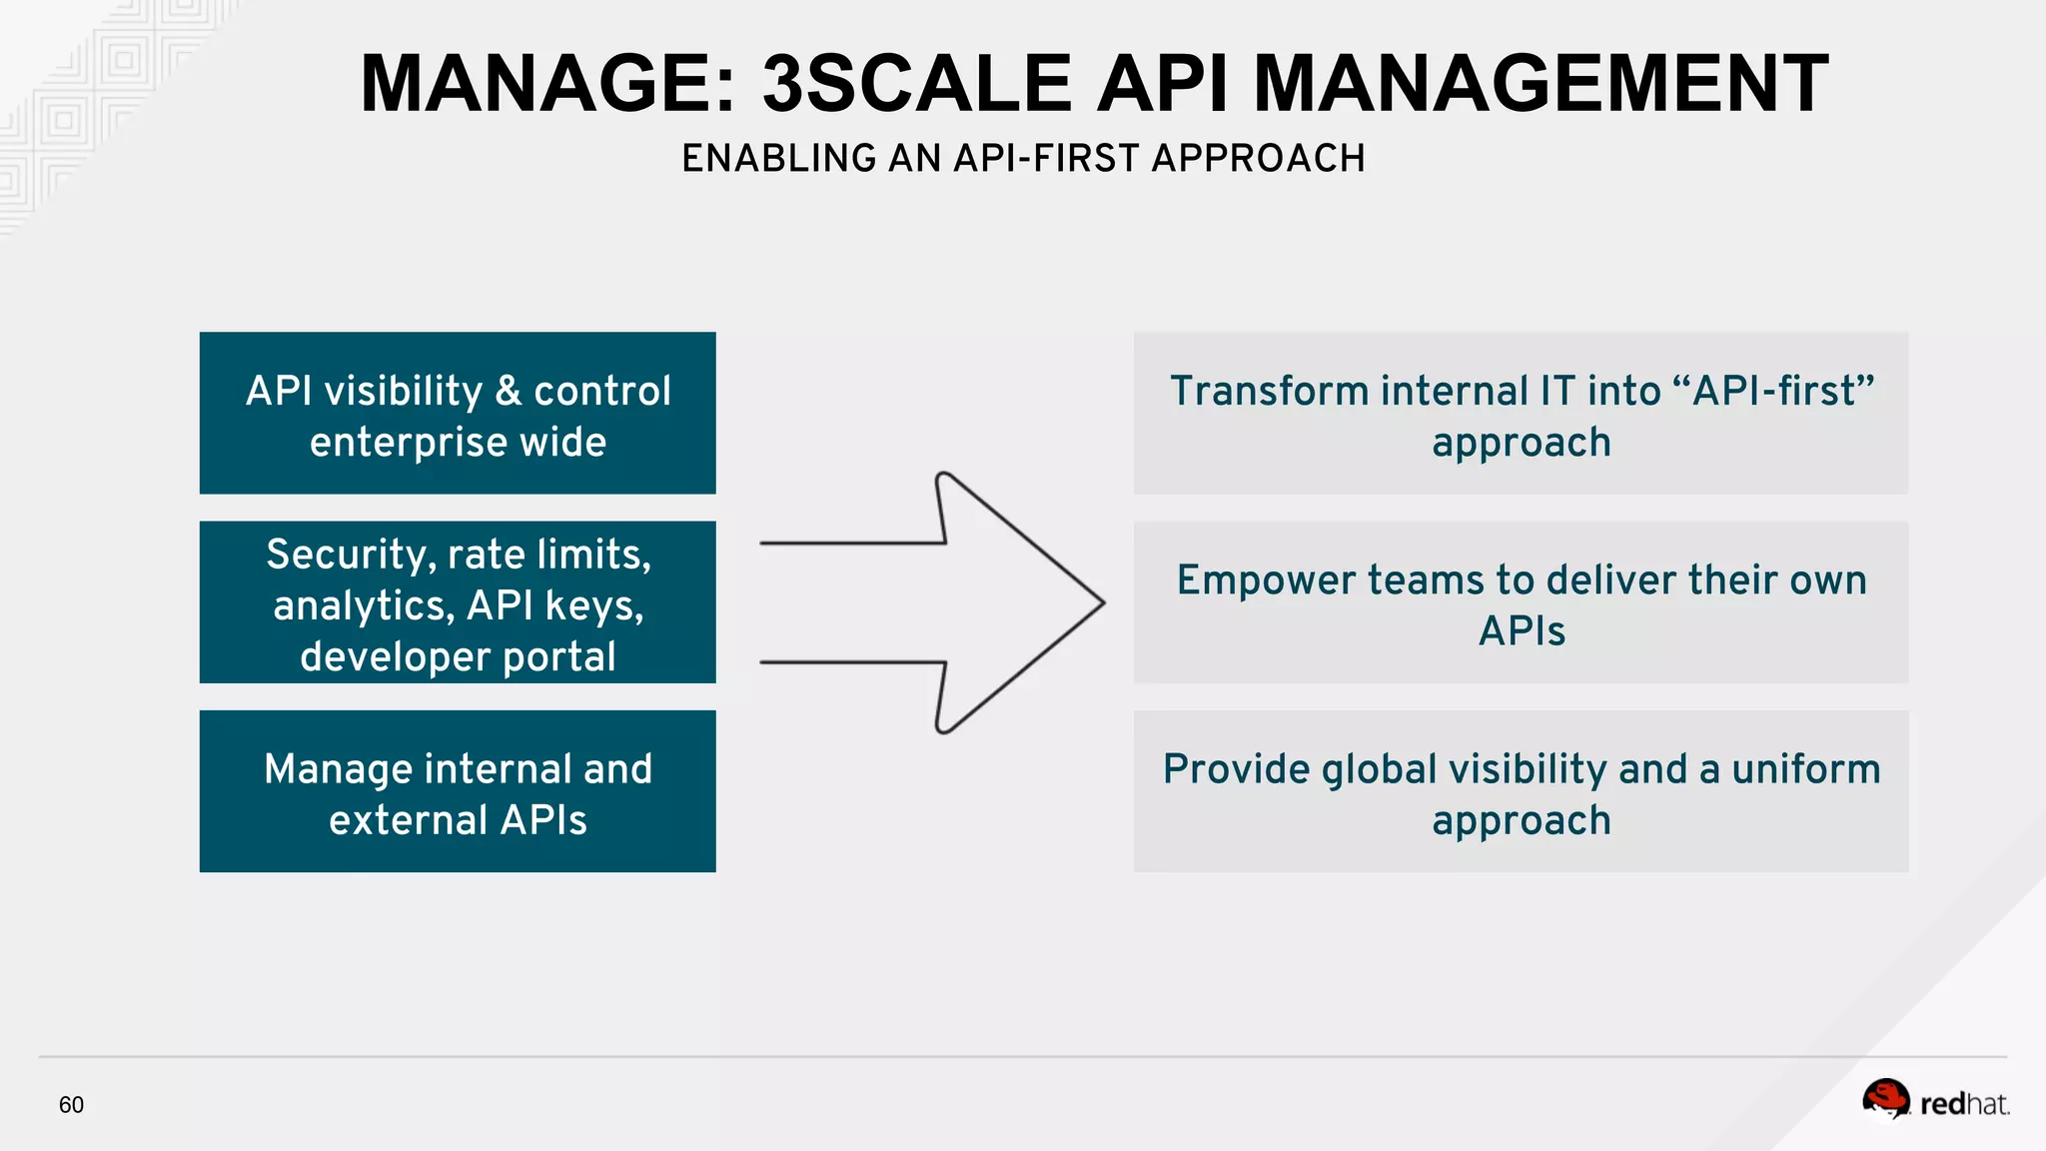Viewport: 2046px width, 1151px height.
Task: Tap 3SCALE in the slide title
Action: (916, 84)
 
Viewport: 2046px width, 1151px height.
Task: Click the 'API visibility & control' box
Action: (458, 413)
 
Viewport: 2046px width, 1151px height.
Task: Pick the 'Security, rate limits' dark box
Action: (458, 602)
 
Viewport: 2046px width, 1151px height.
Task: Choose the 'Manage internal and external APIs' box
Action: (458, 791)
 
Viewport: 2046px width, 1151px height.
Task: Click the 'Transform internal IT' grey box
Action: (1521, 413)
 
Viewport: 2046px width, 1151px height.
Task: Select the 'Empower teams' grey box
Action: (1521, 602)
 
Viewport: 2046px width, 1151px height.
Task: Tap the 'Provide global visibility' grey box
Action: (1521, 791)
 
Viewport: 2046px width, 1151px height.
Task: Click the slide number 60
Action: (71, 1105)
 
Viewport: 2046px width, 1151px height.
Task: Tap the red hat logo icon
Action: (1885, 1100)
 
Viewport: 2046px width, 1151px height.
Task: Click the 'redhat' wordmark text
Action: (1964, 1104)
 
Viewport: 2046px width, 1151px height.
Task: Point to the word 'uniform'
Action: (1805, 770)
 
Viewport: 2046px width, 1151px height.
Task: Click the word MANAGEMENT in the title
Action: (1540, 84)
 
